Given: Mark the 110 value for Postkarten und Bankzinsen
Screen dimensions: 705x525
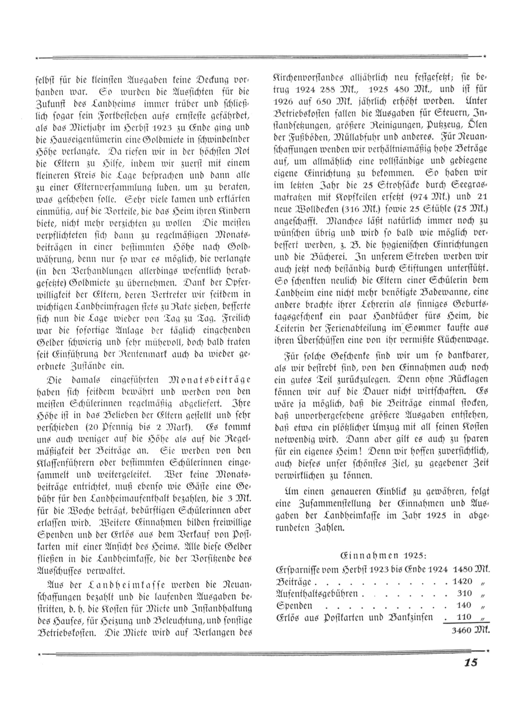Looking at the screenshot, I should click(464, 617).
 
